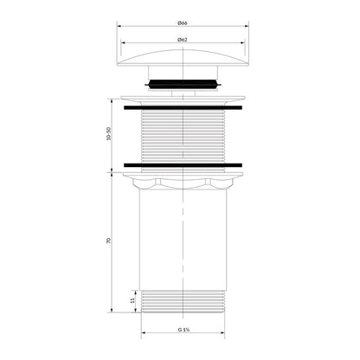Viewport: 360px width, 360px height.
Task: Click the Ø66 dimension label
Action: tap(183, 22)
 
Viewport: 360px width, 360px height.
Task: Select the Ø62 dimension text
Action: tap(183, 40)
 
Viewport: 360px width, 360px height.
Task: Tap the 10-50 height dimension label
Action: tap(109, 134)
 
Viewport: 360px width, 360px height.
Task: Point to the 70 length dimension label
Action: tap(109, 241)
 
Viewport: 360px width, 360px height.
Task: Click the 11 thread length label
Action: tap(132, 301)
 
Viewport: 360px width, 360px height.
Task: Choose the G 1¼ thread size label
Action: tap(183, 330)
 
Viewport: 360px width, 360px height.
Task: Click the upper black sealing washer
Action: tap(183, 108)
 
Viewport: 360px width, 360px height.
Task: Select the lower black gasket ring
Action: tap(183, 165)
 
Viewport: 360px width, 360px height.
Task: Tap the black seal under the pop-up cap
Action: tap(183, 84)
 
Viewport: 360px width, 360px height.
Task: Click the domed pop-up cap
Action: tap(183, 58)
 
